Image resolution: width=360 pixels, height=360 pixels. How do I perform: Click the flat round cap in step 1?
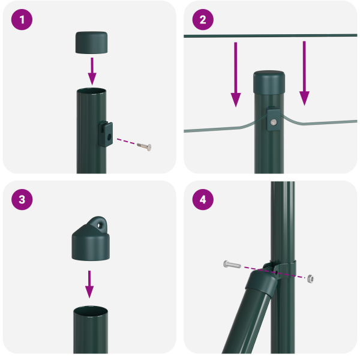(92, 43)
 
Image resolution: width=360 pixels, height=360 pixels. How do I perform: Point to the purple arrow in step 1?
(92, 71)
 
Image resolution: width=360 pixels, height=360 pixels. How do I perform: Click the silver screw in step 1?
(144, 146)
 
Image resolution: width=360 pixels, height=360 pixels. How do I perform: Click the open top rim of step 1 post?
(92, 91)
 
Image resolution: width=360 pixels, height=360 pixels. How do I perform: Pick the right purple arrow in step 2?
(305, 72)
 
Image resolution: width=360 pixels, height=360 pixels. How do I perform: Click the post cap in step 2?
(269, 83)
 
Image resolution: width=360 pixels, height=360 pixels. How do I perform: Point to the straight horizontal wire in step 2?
(228, 37)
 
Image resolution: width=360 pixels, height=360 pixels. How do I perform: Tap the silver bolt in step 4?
(232, 264)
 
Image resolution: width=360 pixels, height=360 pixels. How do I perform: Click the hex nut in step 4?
(310, 278)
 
